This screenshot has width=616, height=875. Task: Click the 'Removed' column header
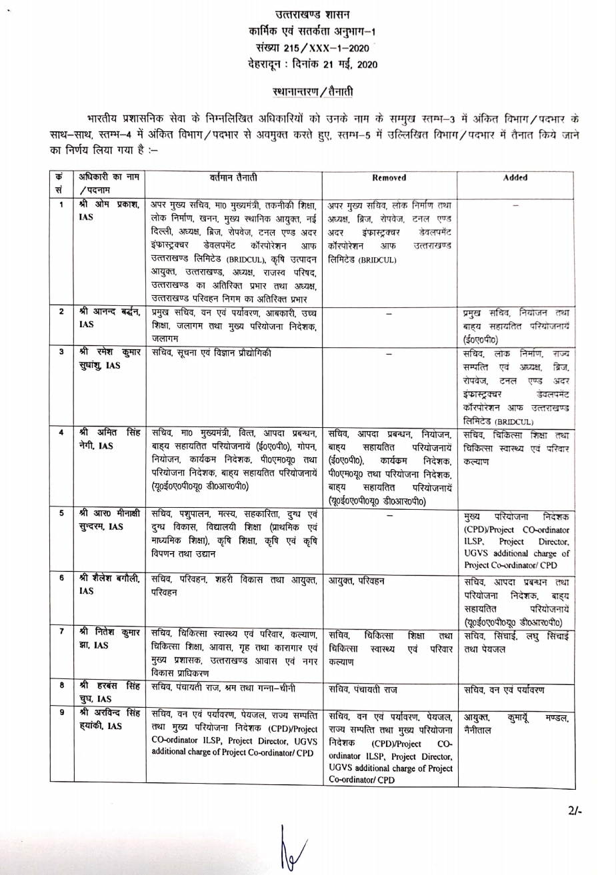coord(389,178)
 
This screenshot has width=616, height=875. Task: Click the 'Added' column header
coord(516,178)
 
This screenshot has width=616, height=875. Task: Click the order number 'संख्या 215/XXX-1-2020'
coord(307,48)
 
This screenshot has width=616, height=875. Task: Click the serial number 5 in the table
coord(61,514)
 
